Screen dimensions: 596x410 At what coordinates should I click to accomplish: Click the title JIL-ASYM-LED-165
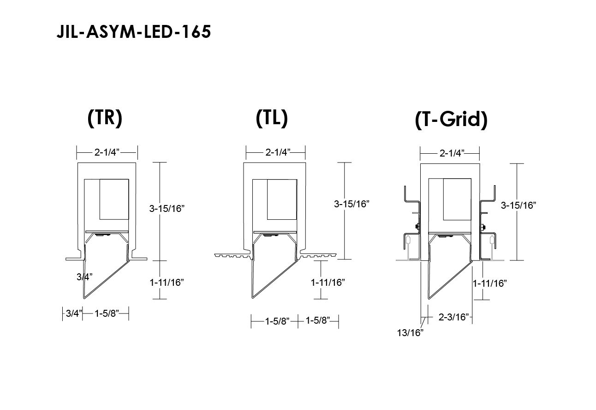[x=134, y=32]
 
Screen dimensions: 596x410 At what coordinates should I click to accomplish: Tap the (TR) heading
[x=105, y=118]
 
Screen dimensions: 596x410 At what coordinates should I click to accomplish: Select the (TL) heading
[x=272, y=118]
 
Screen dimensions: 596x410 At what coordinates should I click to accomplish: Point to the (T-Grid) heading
[x=451, y=120]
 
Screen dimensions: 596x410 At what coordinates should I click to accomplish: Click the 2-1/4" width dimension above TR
[x=107, y=152]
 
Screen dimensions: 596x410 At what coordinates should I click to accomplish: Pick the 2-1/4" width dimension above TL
[x=278, y=152]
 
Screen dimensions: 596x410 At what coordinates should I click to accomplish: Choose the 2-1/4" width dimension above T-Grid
[x=452, y=153]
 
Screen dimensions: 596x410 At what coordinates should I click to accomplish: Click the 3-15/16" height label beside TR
[x=167, y=208]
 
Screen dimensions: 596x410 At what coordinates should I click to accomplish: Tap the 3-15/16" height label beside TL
[x=352, y=204]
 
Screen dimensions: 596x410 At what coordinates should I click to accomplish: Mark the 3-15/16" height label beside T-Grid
[x=519, y=205]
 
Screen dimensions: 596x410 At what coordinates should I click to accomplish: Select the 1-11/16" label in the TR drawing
[x=167, y=283]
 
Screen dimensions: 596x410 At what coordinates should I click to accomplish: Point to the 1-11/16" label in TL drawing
[x=328, y=283]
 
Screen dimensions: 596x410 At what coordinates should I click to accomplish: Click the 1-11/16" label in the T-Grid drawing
[x=489, y=283]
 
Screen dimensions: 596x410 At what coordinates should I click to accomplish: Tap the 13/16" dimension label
[x=410, y=333]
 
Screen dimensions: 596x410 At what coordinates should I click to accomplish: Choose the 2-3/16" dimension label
[x=453, y=317]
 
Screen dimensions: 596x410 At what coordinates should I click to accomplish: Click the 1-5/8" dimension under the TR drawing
[x=107, y=314]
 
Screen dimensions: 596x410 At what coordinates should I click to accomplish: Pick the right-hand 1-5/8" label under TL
[x=318, y=320]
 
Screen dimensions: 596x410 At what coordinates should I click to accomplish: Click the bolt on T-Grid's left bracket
[x=417, y=227]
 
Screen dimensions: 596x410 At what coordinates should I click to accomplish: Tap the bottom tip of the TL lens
[x=253, y=297]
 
